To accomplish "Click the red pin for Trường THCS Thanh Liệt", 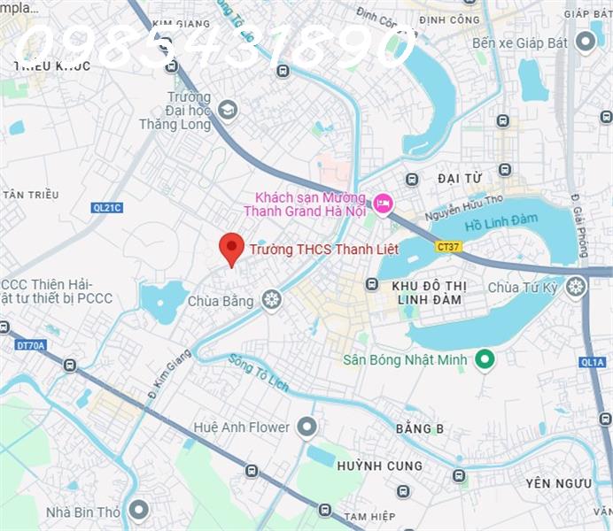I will pos(231,248).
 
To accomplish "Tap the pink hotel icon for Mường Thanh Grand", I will pos(383,204).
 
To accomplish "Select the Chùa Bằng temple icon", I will pos(271,300).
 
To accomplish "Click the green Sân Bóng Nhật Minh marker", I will pos(484,358).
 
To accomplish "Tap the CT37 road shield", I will pos(449,247).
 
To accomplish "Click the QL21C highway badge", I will pos(107,207).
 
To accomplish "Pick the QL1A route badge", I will pos(592,361).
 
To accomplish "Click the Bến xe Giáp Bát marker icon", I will pos(585,42).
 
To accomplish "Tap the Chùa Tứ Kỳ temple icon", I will pos(576,287).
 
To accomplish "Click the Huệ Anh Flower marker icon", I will pos(306,427).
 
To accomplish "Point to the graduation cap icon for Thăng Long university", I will pos(229,110).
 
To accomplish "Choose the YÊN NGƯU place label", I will pos(557,482).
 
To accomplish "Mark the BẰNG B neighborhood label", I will pos(420,428).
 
